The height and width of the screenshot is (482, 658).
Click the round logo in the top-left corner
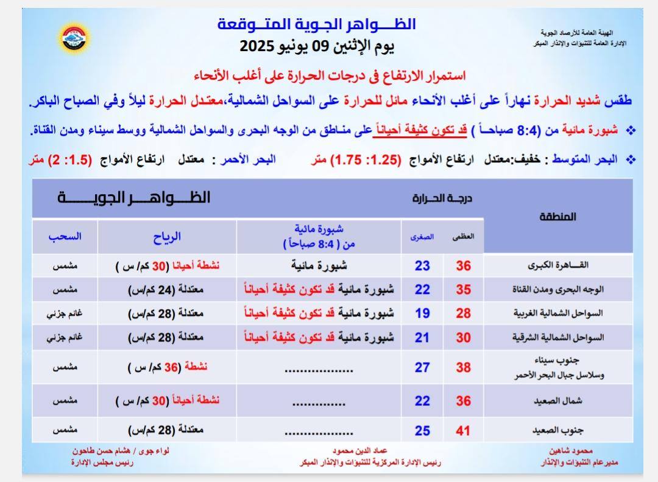tap(76, 38)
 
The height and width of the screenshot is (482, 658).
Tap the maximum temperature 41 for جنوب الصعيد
tap(464, 431)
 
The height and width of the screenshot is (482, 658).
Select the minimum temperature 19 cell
tap(422, 313)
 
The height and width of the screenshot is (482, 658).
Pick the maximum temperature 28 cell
tap(464, 313)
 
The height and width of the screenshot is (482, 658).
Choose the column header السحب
tap(65, 237)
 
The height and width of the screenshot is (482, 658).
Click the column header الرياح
tap(167, 237)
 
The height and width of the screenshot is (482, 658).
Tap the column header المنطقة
tap(558, 217)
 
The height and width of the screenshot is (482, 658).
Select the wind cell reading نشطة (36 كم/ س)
tap(167, 367)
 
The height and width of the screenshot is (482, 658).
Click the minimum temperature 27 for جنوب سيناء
tap(422, 367)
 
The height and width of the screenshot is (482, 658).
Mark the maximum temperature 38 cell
tap(464, 367)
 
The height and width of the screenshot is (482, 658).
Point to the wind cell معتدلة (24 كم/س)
tap(167, 290)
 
